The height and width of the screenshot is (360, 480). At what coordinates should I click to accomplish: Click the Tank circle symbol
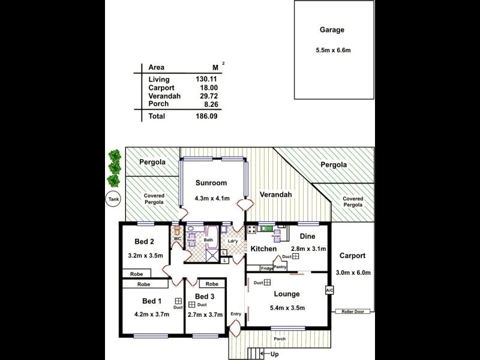coord(113,199)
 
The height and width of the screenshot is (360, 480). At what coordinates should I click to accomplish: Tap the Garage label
coord(332,29)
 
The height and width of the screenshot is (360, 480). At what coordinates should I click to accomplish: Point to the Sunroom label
coord(211,183)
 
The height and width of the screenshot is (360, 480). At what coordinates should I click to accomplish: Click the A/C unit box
coord(329,290)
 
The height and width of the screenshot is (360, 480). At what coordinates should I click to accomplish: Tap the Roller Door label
coord(353,311)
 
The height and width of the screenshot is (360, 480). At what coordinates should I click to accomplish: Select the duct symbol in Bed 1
coord(178,301)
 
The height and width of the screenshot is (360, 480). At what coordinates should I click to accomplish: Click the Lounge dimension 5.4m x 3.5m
coord(287,308)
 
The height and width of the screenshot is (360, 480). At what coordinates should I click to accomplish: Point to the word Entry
coord(235,314)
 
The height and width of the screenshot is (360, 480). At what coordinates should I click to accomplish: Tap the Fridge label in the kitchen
coord(266,268)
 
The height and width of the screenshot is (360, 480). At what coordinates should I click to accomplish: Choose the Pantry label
coord(281,268)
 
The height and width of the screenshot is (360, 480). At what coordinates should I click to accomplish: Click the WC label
coord(178,239)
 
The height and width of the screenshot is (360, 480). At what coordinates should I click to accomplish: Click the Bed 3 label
coord(205,297)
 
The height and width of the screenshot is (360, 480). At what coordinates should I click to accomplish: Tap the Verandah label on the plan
coord(275,194)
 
